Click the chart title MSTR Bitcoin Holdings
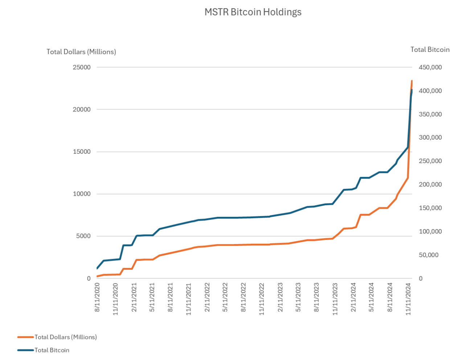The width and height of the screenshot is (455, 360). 253,12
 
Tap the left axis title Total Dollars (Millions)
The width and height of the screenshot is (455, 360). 81,52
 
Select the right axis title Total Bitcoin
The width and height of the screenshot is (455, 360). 430,49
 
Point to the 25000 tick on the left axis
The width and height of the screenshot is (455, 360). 82,67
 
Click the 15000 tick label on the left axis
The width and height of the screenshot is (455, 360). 82,152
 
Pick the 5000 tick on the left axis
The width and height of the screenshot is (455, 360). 83,236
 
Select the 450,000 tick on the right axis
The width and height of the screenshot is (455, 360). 430,67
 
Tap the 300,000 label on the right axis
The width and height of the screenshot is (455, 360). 430,137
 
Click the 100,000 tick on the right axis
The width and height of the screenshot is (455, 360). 430,232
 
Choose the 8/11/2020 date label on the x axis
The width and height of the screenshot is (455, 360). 97,298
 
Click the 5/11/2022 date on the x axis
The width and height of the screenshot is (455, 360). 225,298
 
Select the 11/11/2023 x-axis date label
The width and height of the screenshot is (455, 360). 335,299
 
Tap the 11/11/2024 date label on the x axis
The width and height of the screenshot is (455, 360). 408,299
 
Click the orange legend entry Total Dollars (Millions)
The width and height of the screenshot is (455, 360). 57,337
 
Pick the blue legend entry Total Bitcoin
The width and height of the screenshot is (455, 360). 43,350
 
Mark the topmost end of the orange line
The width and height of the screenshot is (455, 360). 412,81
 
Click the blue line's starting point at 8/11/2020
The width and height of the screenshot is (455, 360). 97,269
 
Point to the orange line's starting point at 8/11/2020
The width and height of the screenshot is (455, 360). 97,276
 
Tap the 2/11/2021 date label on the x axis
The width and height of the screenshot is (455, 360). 134,298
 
